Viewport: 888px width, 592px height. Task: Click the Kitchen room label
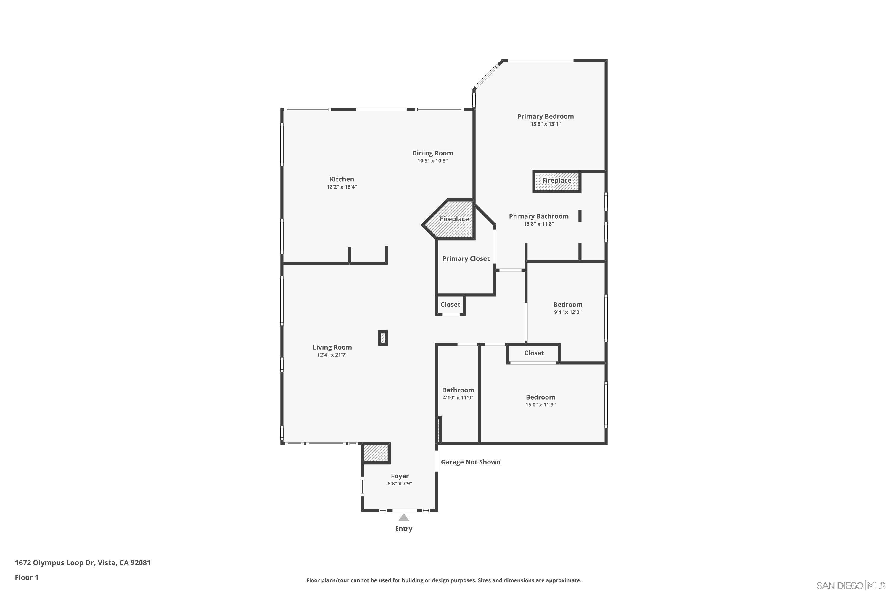342,179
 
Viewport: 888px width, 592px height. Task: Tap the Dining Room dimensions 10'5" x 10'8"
432,161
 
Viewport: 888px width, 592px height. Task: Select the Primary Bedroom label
545,116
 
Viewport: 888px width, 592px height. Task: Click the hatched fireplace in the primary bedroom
556,181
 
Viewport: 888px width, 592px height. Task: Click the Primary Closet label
466,259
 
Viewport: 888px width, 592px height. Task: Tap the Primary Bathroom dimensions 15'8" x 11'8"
538,224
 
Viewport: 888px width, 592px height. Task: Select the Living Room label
332,347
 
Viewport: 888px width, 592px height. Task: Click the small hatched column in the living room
383,337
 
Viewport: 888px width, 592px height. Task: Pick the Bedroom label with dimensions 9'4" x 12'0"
567,305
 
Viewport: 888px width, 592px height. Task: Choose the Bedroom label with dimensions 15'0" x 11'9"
540,397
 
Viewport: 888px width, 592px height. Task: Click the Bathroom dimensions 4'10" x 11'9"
458,398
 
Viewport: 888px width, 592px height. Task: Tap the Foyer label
399,476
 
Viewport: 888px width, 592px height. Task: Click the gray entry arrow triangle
404,517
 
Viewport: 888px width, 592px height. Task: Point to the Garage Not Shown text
470,462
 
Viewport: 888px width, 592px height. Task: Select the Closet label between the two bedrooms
533,353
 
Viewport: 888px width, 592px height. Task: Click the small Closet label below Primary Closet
450,305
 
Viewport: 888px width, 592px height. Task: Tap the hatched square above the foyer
376,453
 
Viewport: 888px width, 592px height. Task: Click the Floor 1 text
26,577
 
